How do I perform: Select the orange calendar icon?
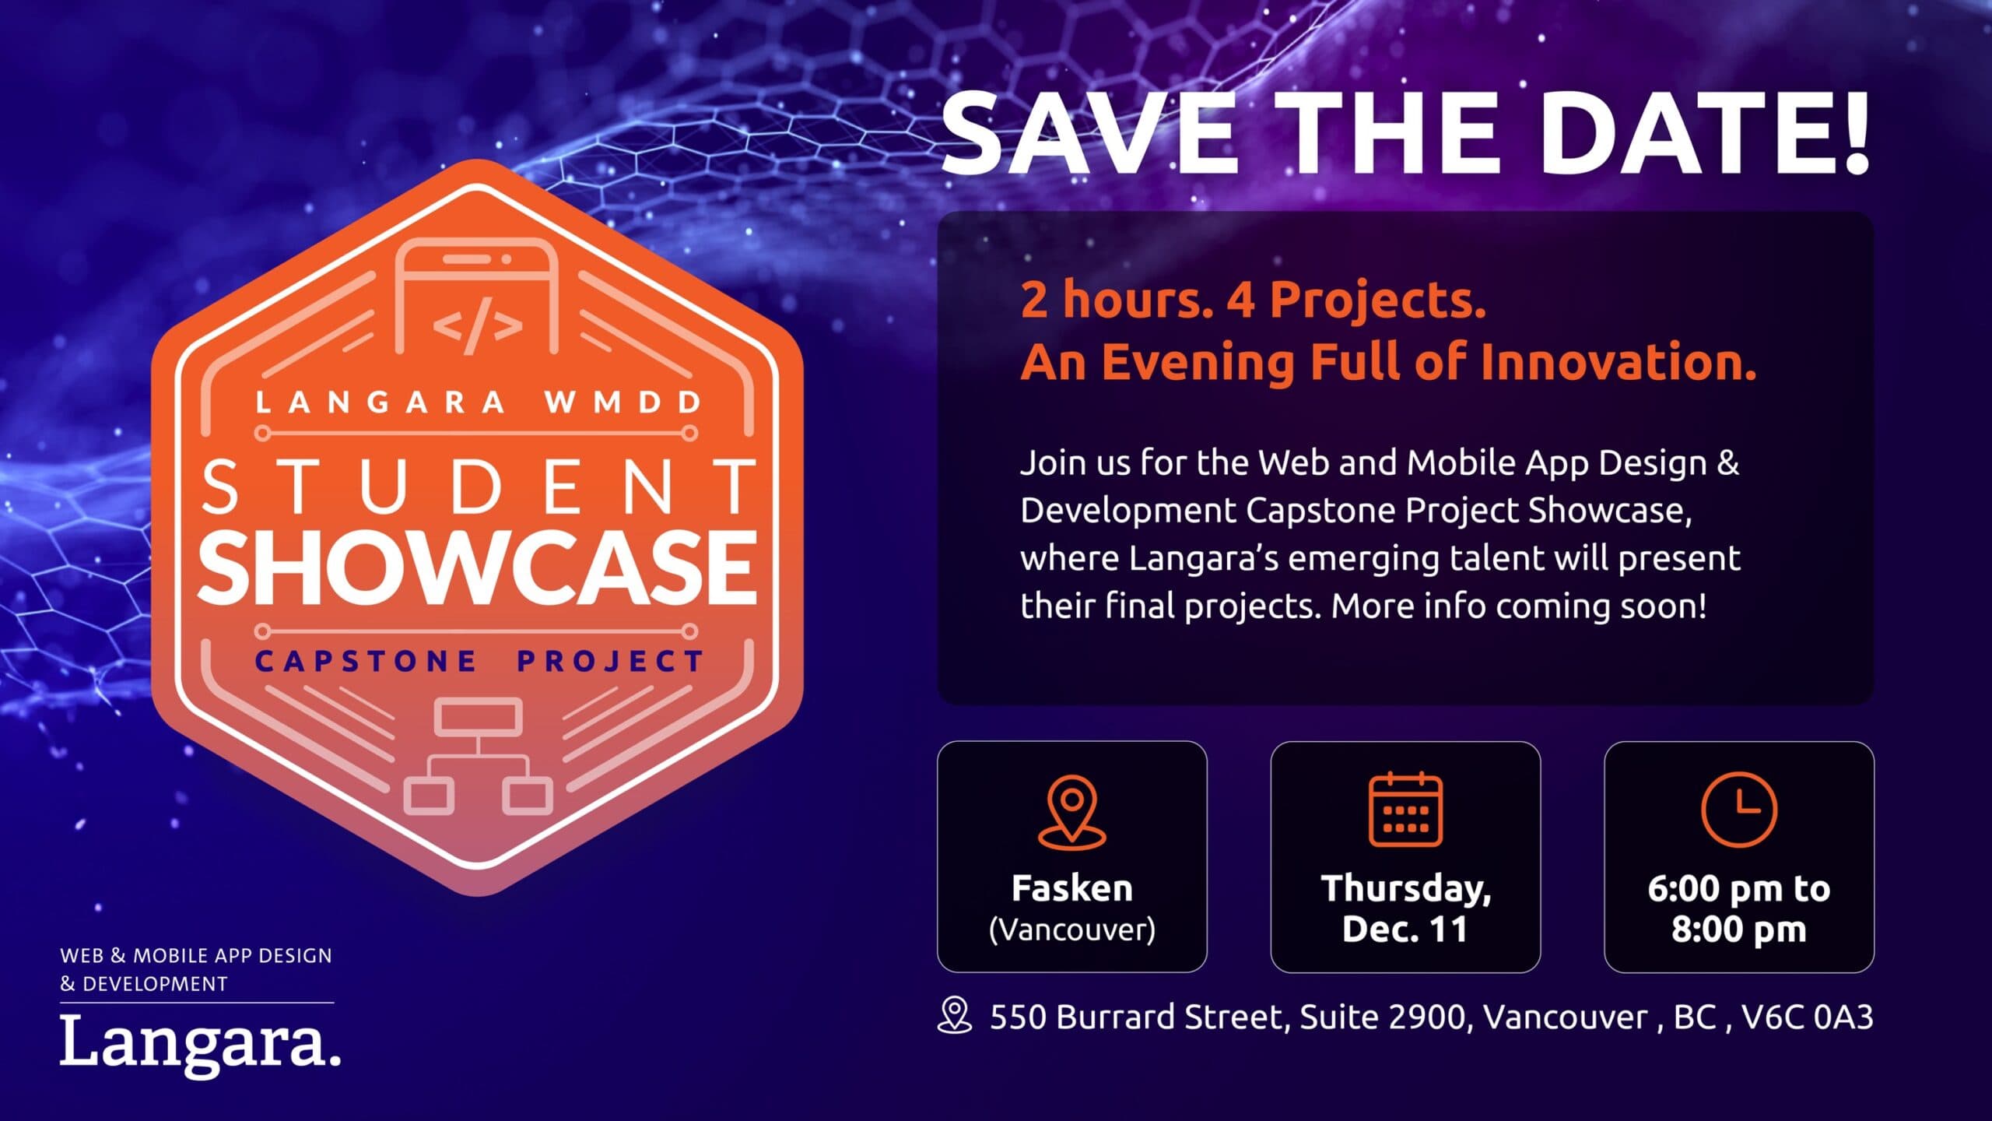pyautogui.click(x=1405, y=809)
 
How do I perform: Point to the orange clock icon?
pyautogui.click(x=1739, y=809)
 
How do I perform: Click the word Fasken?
pyautogui.click(x=1072, y=888)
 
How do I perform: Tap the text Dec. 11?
pyautogui.click(x=1405, y=929)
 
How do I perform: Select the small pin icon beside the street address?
pyautogui.click(x=955, y=1016)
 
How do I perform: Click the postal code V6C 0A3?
pyautogui.click(x=1807, y=1017)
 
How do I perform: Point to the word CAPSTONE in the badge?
pyautogui.click(x=366, y=662)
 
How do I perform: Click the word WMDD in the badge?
pyautogui.click(x=623, y=402)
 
